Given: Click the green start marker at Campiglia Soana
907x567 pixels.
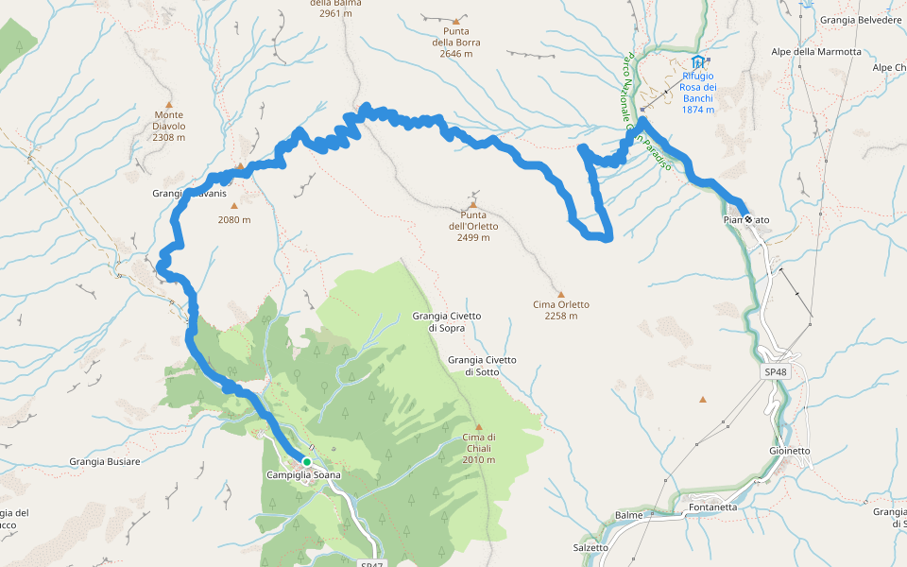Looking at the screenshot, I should tap(306, 462).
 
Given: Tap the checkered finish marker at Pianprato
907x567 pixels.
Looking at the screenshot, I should tap(748, 219).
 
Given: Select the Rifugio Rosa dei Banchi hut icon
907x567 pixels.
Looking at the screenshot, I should tap(697, 62).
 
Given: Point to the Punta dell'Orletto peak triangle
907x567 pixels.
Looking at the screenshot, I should tap(472, 204).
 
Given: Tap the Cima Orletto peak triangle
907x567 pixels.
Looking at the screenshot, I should tap(560, 294).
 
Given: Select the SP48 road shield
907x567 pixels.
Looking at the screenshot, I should tap(775, 373).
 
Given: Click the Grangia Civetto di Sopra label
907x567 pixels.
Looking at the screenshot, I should tap(446, 321).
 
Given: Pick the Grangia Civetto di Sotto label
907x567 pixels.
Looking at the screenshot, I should tap(482, 366).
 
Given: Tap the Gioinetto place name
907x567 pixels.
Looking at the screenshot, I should tap(789, 451).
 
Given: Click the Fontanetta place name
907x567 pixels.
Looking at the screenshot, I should tap(712, 507).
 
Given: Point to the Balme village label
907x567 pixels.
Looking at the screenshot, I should tap(628, 515).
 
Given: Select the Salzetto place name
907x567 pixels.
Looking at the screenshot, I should tap(590, 547).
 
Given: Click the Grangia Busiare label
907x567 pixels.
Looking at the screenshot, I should tap(104, 462).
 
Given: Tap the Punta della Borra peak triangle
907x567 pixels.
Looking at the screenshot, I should tap(456, 21).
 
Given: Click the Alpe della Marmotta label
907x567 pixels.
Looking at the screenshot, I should tap(816, 52).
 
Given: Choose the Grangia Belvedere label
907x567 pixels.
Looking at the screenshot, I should tap(861, 19).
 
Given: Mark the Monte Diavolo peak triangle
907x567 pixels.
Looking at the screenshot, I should tap(169, 105).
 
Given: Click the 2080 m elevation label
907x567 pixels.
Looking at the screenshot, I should tap(233, 220).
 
